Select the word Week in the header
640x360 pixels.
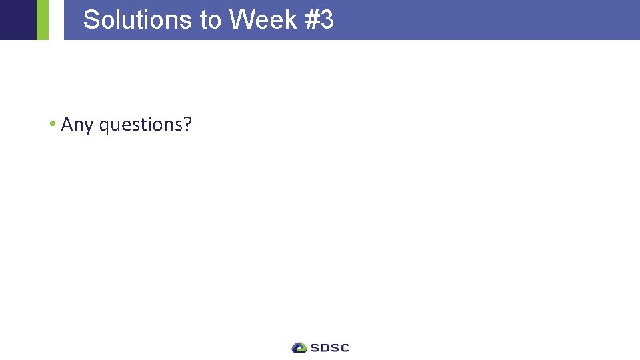[x=263, y=20]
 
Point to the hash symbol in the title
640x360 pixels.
[x=311, y=20]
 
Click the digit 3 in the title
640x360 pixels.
[x=327, y=20]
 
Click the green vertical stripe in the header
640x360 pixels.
[x=43, y=20]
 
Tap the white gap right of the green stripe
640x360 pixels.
[x=56, y=20]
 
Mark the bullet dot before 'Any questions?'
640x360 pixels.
[x=52, y=124]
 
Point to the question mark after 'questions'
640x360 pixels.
[x=187, y=124]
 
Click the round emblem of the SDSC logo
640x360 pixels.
[x=299, y=347]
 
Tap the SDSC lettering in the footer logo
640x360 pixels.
[x=329, y=347]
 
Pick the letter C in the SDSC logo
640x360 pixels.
[x=344, y=347]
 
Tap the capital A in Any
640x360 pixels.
[x=67, y=124]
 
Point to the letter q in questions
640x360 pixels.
[x=104, y=126]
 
